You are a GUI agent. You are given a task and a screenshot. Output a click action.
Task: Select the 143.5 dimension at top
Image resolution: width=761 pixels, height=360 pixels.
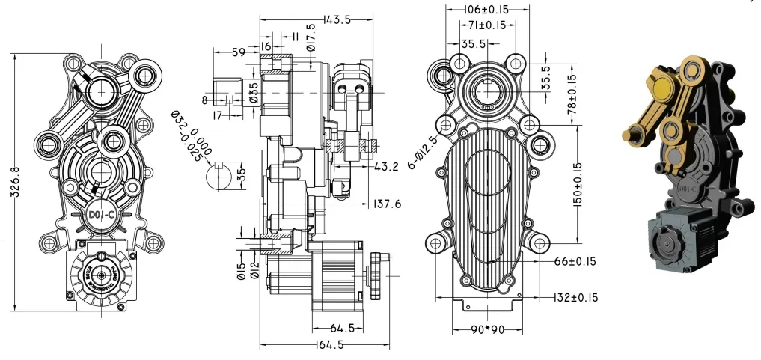point(337,21)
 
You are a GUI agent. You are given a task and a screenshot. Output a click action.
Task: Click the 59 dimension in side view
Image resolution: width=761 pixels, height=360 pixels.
point(239,52)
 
